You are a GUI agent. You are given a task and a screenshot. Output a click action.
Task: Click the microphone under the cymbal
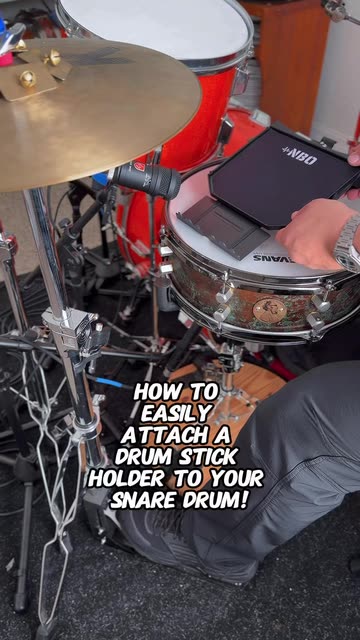(x=147, y=179)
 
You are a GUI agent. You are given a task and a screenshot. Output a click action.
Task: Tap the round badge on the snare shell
(x=269, y=310)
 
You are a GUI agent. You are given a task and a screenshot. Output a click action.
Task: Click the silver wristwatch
(x=348, y=244)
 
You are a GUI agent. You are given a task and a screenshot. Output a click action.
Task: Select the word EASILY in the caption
(x=176, y=414)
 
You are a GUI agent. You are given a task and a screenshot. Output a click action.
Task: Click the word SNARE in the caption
(x=142, y=500)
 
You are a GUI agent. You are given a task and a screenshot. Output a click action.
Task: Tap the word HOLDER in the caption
(x=127, y=479)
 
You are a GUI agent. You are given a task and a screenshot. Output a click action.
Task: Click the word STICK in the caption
(x=209, y=457)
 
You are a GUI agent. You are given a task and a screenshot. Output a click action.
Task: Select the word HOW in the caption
(x=157, y=393)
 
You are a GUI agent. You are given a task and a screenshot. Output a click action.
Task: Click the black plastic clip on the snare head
(x=223, y=228)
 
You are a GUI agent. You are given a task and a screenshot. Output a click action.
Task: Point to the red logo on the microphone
(x=139, y=167)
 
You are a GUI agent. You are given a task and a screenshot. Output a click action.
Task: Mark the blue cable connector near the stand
(x=109, y=382)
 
